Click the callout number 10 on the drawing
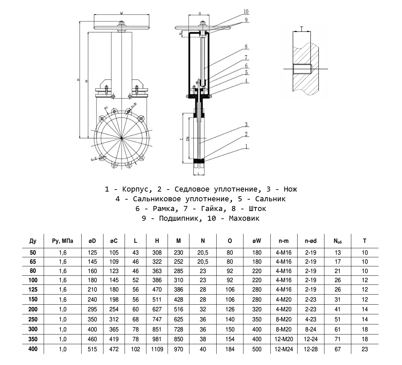[246, 12]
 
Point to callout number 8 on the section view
[246, 47]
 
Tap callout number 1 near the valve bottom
[246, 147]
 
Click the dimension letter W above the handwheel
[121, 13]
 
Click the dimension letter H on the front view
[78, 80]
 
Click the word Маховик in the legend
[244, 218]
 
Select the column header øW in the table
[257, 241]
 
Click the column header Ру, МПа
[62, 241]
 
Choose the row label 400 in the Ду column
[33, 349]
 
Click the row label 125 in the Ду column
[33, 290]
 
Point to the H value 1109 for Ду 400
[157, 349]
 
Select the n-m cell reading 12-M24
[283, 349]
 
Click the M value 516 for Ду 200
[179, 309]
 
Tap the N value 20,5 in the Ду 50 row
[203, 253]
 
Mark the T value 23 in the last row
[365, 349]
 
